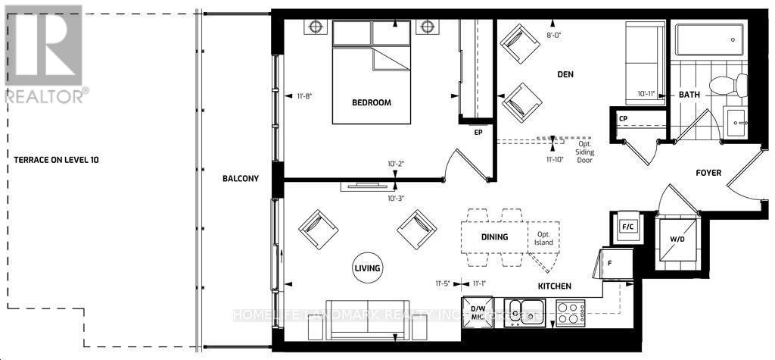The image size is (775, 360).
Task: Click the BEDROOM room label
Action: (x=371, y=102)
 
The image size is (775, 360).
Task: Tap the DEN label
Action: (x=565, y=74)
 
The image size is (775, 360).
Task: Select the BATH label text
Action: (x=689, y=95)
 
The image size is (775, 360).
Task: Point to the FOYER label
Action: (x=708, y=173)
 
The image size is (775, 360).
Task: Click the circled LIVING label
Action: (x=367, y=268)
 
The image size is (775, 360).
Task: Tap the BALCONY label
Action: (x=241, y=179)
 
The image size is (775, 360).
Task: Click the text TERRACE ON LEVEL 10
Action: (x=56, y=160)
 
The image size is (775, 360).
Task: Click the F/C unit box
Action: (x=627, y=227)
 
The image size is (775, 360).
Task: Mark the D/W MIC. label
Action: (x=478, y=312)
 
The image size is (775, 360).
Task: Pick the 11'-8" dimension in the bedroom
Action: (x=305, y=96)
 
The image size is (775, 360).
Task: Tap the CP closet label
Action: (x=624, y=119)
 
